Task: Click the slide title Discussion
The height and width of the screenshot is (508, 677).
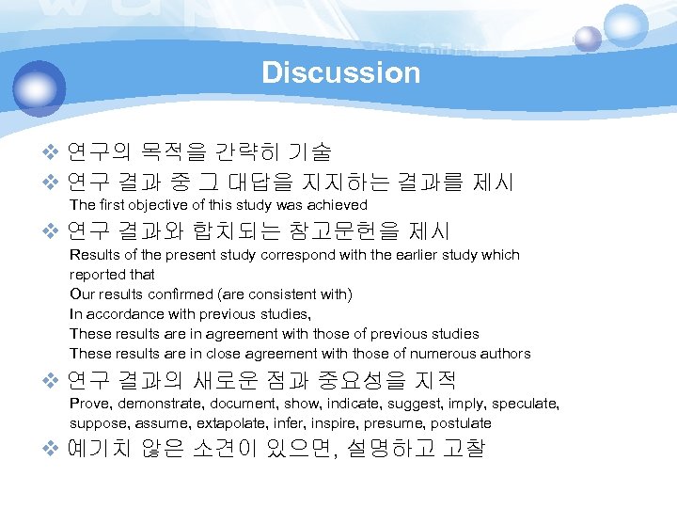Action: tap(340, 72)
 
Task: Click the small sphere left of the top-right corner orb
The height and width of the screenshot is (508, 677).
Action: tap(588, 39)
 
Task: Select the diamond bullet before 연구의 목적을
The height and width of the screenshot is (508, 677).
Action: tap(53, 151)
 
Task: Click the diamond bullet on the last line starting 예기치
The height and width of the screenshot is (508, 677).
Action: tap(53, 449)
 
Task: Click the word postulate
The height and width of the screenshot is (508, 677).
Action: tap(461, 423)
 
